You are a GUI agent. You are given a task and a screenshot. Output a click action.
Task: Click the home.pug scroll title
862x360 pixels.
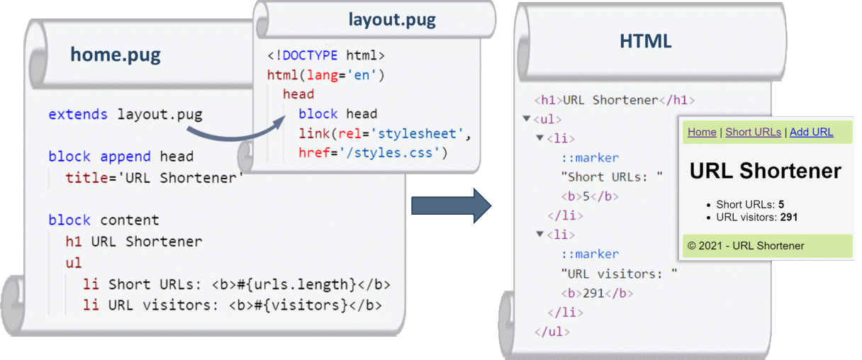coord(115,55)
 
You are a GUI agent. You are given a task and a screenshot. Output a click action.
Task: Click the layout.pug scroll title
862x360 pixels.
coord(392,20)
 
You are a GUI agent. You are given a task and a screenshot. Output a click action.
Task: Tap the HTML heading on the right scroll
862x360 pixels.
coord(645,41)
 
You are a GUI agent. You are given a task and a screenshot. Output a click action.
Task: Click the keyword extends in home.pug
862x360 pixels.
coord(78,114)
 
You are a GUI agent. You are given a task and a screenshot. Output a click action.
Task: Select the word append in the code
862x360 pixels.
coord(125,157)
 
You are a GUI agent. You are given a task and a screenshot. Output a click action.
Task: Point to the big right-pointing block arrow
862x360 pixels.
coord(451,206)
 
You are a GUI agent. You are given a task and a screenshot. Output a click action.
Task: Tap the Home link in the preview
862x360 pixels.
coord(702,132)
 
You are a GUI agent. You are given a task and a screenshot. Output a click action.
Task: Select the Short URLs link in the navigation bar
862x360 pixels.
coord(753,132)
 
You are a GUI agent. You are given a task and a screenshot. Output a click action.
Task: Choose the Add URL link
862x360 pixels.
coord(811,132)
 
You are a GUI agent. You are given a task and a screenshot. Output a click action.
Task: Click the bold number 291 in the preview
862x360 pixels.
coord(789,218)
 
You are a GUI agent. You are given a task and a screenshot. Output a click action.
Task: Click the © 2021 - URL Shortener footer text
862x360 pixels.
coord(746,246)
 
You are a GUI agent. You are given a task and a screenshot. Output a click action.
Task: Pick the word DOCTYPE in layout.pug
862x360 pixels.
coord(310,55)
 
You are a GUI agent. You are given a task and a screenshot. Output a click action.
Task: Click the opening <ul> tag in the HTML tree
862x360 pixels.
coord(547,119)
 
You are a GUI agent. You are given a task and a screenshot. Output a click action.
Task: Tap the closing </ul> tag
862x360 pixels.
coord(552,332)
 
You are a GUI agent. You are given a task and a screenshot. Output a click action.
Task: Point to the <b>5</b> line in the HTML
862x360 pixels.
coord(590,196)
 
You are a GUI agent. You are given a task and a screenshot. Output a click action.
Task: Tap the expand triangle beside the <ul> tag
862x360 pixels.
coord(527,118)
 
